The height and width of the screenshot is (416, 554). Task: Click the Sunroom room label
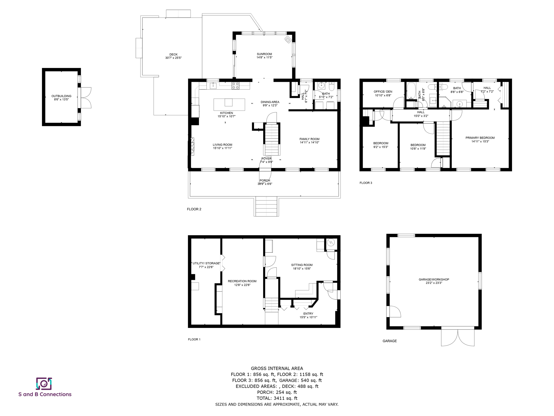[264, 54]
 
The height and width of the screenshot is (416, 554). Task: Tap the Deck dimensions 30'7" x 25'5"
[173, 58]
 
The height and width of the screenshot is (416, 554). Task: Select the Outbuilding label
[61, 96]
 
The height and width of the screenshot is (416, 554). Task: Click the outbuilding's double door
[86, 98]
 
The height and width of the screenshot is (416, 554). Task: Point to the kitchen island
[229, 105]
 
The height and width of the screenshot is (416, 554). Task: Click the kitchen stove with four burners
[235, 86]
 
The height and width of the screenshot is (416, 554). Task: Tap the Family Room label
[309, 139]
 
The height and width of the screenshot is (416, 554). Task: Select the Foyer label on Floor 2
[266, 159]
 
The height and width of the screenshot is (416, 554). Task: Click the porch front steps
[266, 206]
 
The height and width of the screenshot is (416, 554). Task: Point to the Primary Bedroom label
[480, 138]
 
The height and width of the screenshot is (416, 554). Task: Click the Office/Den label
[383, 92]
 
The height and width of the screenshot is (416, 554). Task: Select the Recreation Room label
[242, 281]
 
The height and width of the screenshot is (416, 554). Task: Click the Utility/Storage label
[206, 263]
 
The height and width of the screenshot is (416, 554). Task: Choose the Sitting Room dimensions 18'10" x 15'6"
[302, 269]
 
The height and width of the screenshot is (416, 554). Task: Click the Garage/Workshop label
[434, 279]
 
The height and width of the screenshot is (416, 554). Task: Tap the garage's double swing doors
[457, 337]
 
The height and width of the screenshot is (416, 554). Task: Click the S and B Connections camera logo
[44, 383]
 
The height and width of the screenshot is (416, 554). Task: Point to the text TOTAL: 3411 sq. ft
[277, 398]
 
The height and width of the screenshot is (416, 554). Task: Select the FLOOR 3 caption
[366, 183]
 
